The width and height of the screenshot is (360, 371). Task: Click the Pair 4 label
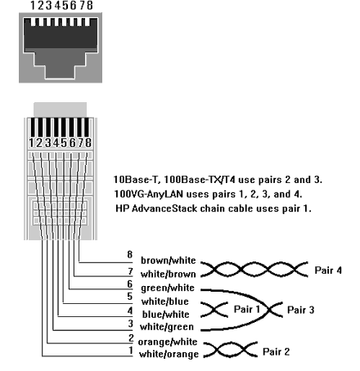coord(328,270)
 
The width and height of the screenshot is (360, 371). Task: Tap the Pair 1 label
coord(247,310)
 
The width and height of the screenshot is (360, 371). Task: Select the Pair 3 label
coord(300,310)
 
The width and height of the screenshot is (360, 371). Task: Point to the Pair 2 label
coord(276,351)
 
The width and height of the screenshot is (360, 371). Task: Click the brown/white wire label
coord(169,261)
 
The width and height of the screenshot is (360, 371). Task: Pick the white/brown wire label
coord(169,274)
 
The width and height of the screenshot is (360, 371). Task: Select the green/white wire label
coord(168,288)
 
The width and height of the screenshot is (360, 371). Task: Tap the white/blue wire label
coord(165,302)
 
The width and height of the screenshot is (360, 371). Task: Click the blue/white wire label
coord(165,315)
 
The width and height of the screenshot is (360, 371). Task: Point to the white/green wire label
coord(167,327)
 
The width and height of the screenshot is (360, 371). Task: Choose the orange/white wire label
coord(168,342)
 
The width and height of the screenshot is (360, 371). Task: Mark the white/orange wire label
coord(169,354)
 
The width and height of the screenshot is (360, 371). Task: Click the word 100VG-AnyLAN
coord(149,194)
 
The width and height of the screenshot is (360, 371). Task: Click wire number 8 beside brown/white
coord(130,254)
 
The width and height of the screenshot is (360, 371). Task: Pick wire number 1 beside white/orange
coord(131,351)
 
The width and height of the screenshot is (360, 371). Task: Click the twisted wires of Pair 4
coord(254,270)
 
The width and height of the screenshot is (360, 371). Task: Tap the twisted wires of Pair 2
coord(231,349)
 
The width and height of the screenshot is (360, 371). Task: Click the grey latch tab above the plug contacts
coord(61,110)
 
